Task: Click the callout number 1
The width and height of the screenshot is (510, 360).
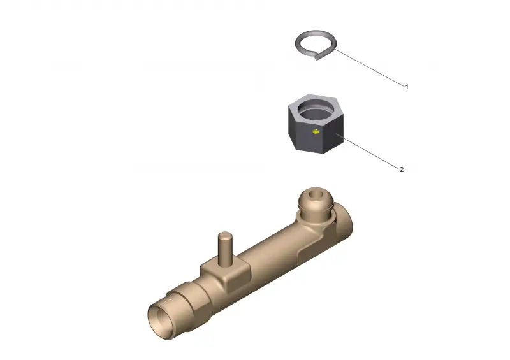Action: click(406, 87)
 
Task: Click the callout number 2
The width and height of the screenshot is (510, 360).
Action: click(402, 169)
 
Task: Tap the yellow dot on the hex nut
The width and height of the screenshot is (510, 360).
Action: click(315, 131)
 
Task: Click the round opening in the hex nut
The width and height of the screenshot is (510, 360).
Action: click(316, 110)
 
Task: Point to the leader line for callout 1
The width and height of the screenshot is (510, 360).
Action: click(370, 68)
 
